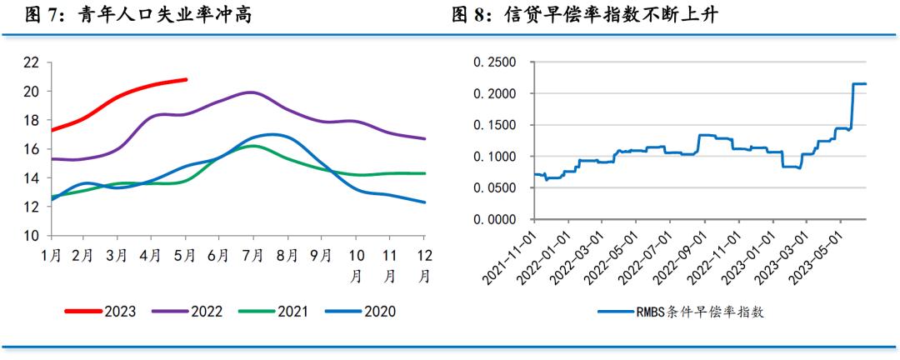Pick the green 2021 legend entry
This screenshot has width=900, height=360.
click(273, 312)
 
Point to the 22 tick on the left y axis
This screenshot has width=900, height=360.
click(31, 62)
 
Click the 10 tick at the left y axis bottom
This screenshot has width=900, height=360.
click(31, 237)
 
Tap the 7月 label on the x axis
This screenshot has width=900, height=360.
click(253, 256)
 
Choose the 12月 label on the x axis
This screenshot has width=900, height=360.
click(424, 263)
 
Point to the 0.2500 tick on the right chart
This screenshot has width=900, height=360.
click(494, 62)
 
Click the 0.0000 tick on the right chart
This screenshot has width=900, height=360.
click(494, 220)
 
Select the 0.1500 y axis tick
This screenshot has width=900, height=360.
click(494, 126)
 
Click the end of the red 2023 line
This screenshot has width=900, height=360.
click(186, 80)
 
